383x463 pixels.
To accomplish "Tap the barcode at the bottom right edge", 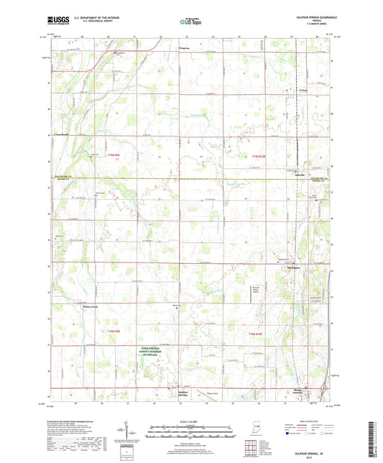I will click(374, 439).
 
